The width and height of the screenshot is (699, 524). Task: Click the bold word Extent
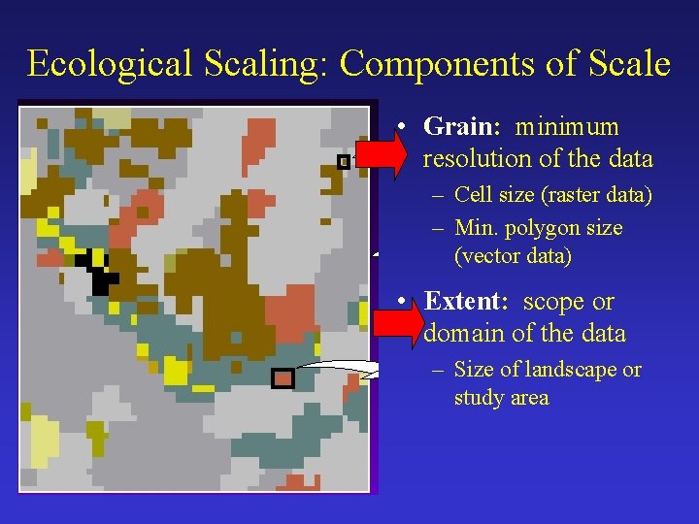[464, 302]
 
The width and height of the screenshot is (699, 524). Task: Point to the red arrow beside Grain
[384, 155]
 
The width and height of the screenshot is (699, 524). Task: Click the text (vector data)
[513, 256]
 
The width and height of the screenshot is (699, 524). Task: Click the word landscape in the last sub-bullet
[568, 370]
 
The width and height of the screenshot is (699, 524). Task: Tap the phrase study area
[501, 398]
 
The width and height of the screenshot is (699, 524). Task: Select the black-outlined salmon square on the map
[283, 378]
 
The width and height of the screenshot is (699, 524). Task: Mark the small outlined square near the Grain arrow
[343, 162]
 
